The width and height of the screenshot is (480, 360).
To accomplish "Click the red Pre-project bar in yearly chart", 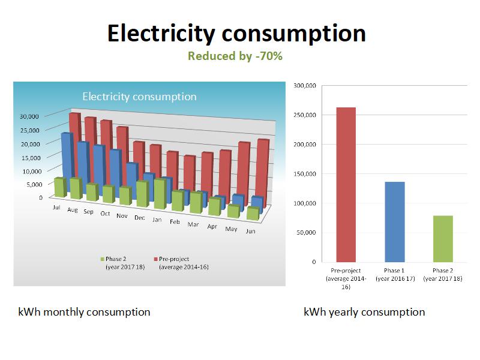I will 346,185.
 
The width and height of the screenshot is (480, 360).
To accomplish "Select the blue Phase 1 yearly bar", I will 395,222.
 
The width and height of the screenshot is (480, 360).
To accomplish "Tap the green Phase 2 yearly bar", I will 443,239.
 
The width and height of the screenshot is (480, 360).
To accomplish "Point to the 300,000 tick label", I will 305,86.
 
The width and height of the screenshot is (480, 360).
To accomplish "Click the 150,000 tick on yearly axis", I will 305,174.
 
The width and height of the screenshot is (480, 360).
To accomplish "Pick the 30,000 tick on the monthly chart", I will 30,116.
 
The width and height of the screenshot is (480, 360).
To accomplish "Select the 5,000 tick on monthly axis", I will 32,184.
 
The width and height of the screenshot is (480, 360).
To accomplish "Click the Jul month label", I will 56,208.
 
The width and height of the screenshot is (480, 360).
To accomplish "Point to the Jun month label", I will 251,230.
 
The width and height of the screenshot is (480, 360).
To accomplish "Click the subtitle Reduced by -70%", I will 235,56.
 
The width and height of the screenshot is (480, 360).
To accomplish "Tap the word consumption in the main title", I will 290,33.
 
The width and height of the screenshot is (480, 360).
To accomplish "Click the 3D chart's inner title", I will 139,97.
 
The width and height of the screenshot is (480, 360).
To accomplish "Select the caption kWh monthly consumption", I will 84,312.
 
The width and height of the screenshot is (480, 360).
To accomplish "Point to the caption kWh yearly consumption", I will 364,312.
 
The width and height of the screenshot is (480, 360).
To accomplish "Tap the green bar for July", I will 59,187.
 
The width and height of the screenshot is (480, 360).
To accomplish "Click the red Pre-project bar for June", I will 263,171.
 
